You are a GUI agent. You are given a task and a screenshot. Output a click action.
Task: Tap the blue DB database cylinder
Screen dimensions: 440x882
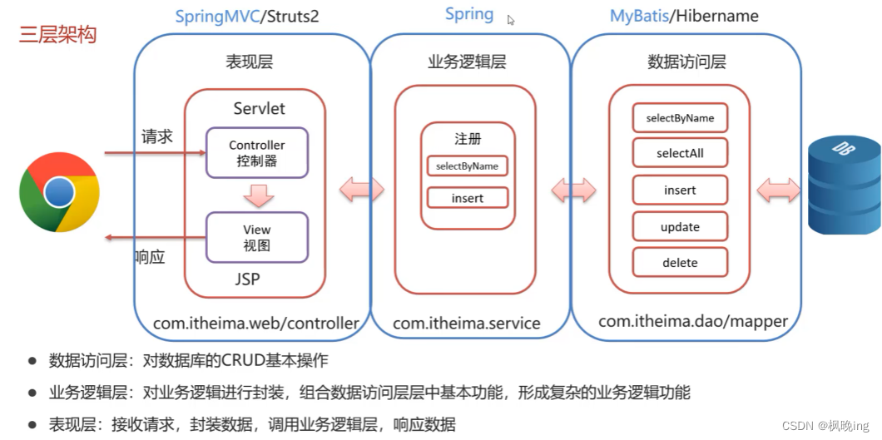[843, 187]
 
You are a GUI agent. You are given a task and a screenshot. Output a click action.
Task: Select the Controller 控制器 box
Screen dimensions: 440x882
[257, 152]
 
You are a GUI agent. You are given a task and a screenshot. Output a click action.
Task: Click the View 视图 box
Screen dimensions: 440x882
[257, 237]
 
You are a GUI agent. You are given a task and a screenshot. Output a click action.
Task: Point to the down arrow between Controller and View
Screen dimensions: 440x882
[258, 195]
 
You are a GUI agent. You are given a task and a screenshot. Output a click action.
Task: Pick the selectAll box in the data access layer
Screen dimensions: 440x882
[680, 153]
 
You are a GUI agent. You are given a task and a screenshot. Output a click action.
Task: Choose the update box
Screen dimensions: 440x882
[680, 227]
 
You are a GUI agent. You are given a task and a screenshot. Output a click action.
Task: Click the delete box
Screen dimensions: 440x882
[680, 263]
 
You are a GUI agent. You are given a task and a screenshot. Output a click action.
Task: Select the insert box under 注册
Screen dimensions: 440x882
[467, 198]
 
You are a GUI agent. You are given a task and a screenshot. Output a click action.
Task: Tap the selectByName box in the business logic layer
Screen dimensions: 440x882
[467, 166]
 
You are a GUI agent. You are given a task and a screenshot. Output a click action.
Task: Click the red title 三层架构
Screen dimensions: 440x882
[58, 35]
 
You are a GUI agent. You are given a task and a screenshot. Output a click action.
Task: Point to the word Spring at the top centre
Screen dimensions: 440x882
[469, 14]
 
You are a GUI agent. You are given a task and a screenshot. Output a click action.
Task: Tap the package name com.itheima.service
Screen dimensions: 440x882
[466, 324]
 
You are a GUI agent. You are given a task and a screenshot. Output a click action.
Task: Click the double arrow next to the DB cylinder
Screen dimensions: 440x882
[779, 190]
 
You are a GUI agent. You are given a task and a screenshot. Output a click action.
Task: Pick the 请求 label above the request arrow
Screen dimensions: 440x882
[157, 136]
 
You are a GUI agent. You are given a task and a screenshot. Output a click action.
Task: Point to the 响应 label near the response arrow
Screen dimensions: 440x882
[150, 257]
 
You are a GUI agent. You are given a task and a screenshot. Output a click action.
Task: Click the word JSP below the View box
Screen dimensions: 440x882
[247, 279]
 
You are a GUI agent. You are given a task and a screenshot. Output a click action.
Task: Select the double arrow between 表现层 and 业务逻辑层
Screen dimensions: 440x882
[362, 190]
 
